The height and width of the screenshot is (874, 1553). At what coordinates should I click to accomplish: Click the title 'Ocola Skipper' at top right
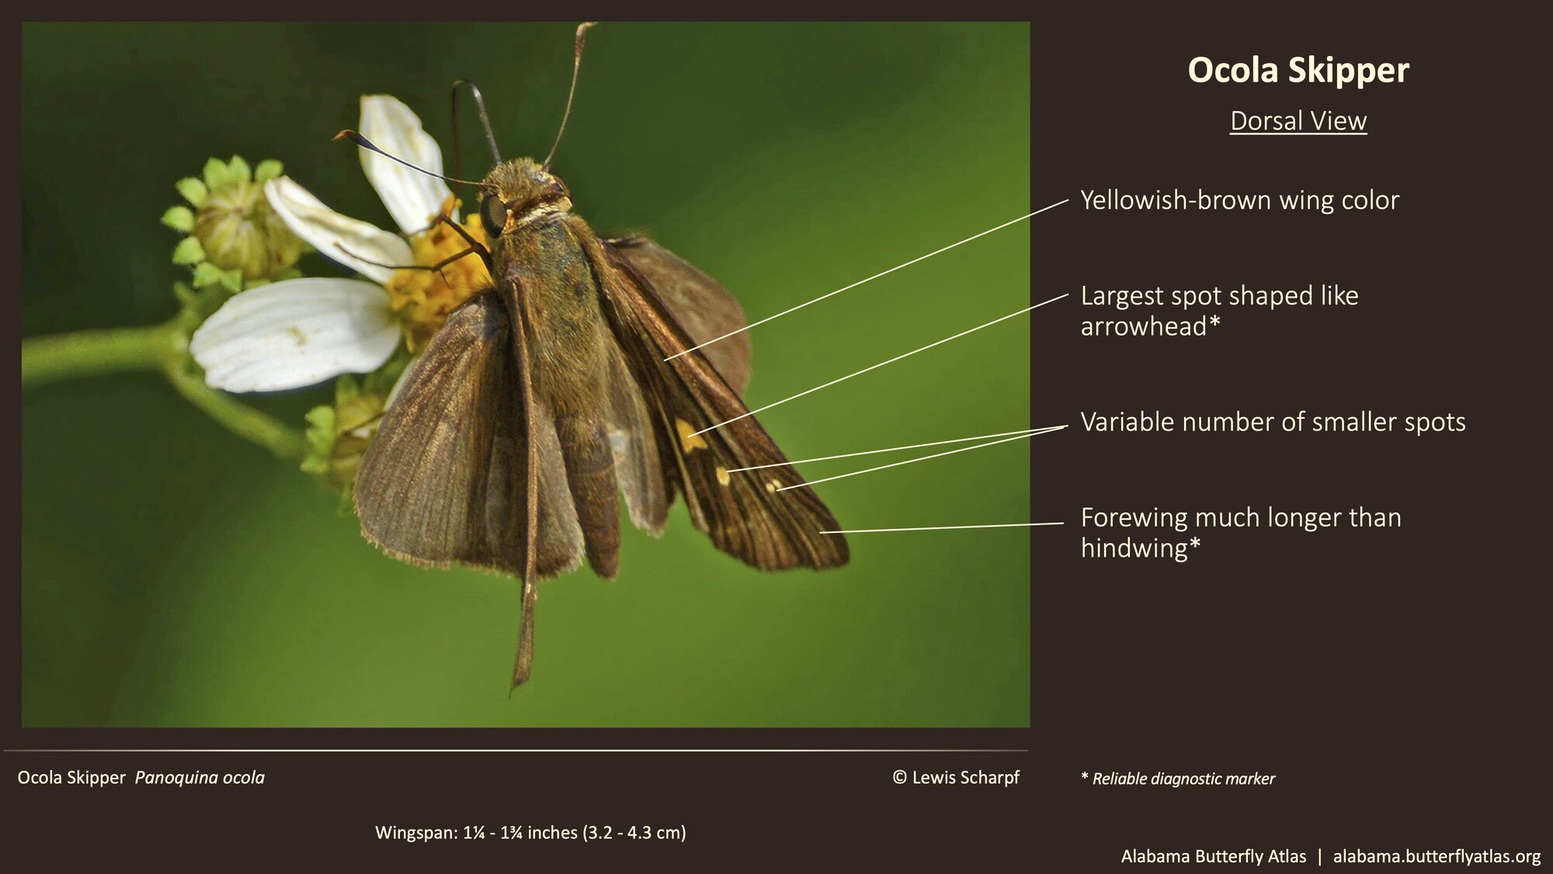tap(1298, 70)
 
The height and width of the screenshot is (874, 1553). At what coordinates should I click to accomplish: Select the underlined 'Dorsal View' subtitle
tap(1298, 121)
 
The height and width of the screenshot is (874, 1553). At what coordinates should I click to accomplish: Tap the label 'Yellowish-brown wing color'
tap(1239, 200)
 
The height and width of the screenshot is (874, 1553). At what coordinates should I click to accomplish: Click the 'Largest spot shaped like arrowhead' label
tap(1219, 311)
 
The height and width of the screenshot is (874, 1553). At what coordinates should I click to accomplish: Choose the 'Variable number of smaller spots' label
tap(1273, 422)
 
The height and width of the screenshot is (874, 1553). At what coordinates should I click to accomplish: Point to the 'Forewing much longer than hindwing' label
tap(1240, 532)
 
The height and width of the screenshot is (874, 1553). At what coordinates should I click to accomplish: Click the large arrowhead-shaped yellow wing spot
tap(688, 434)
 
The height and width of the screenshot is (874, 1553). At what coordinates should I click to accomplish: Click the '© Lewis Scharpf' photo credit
tap(956, 778)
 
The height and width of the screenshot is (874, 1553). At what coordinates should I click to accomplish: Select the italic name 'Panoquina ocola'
tap(200, 778)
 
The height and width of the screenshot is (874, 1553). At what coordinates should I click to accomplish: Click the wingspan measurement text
tap(530, 833)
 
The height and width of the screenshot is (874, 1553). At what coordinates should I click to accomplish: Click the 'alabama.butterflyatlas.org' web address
tap(1437, 856)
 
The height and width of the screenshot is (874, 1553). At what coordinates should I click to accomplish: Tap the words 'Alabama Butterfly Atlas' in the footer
tap(1213, 856)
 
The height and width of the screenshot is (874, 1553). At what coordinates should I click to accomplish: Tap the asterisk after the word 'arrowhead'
tap(1214, 323)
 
